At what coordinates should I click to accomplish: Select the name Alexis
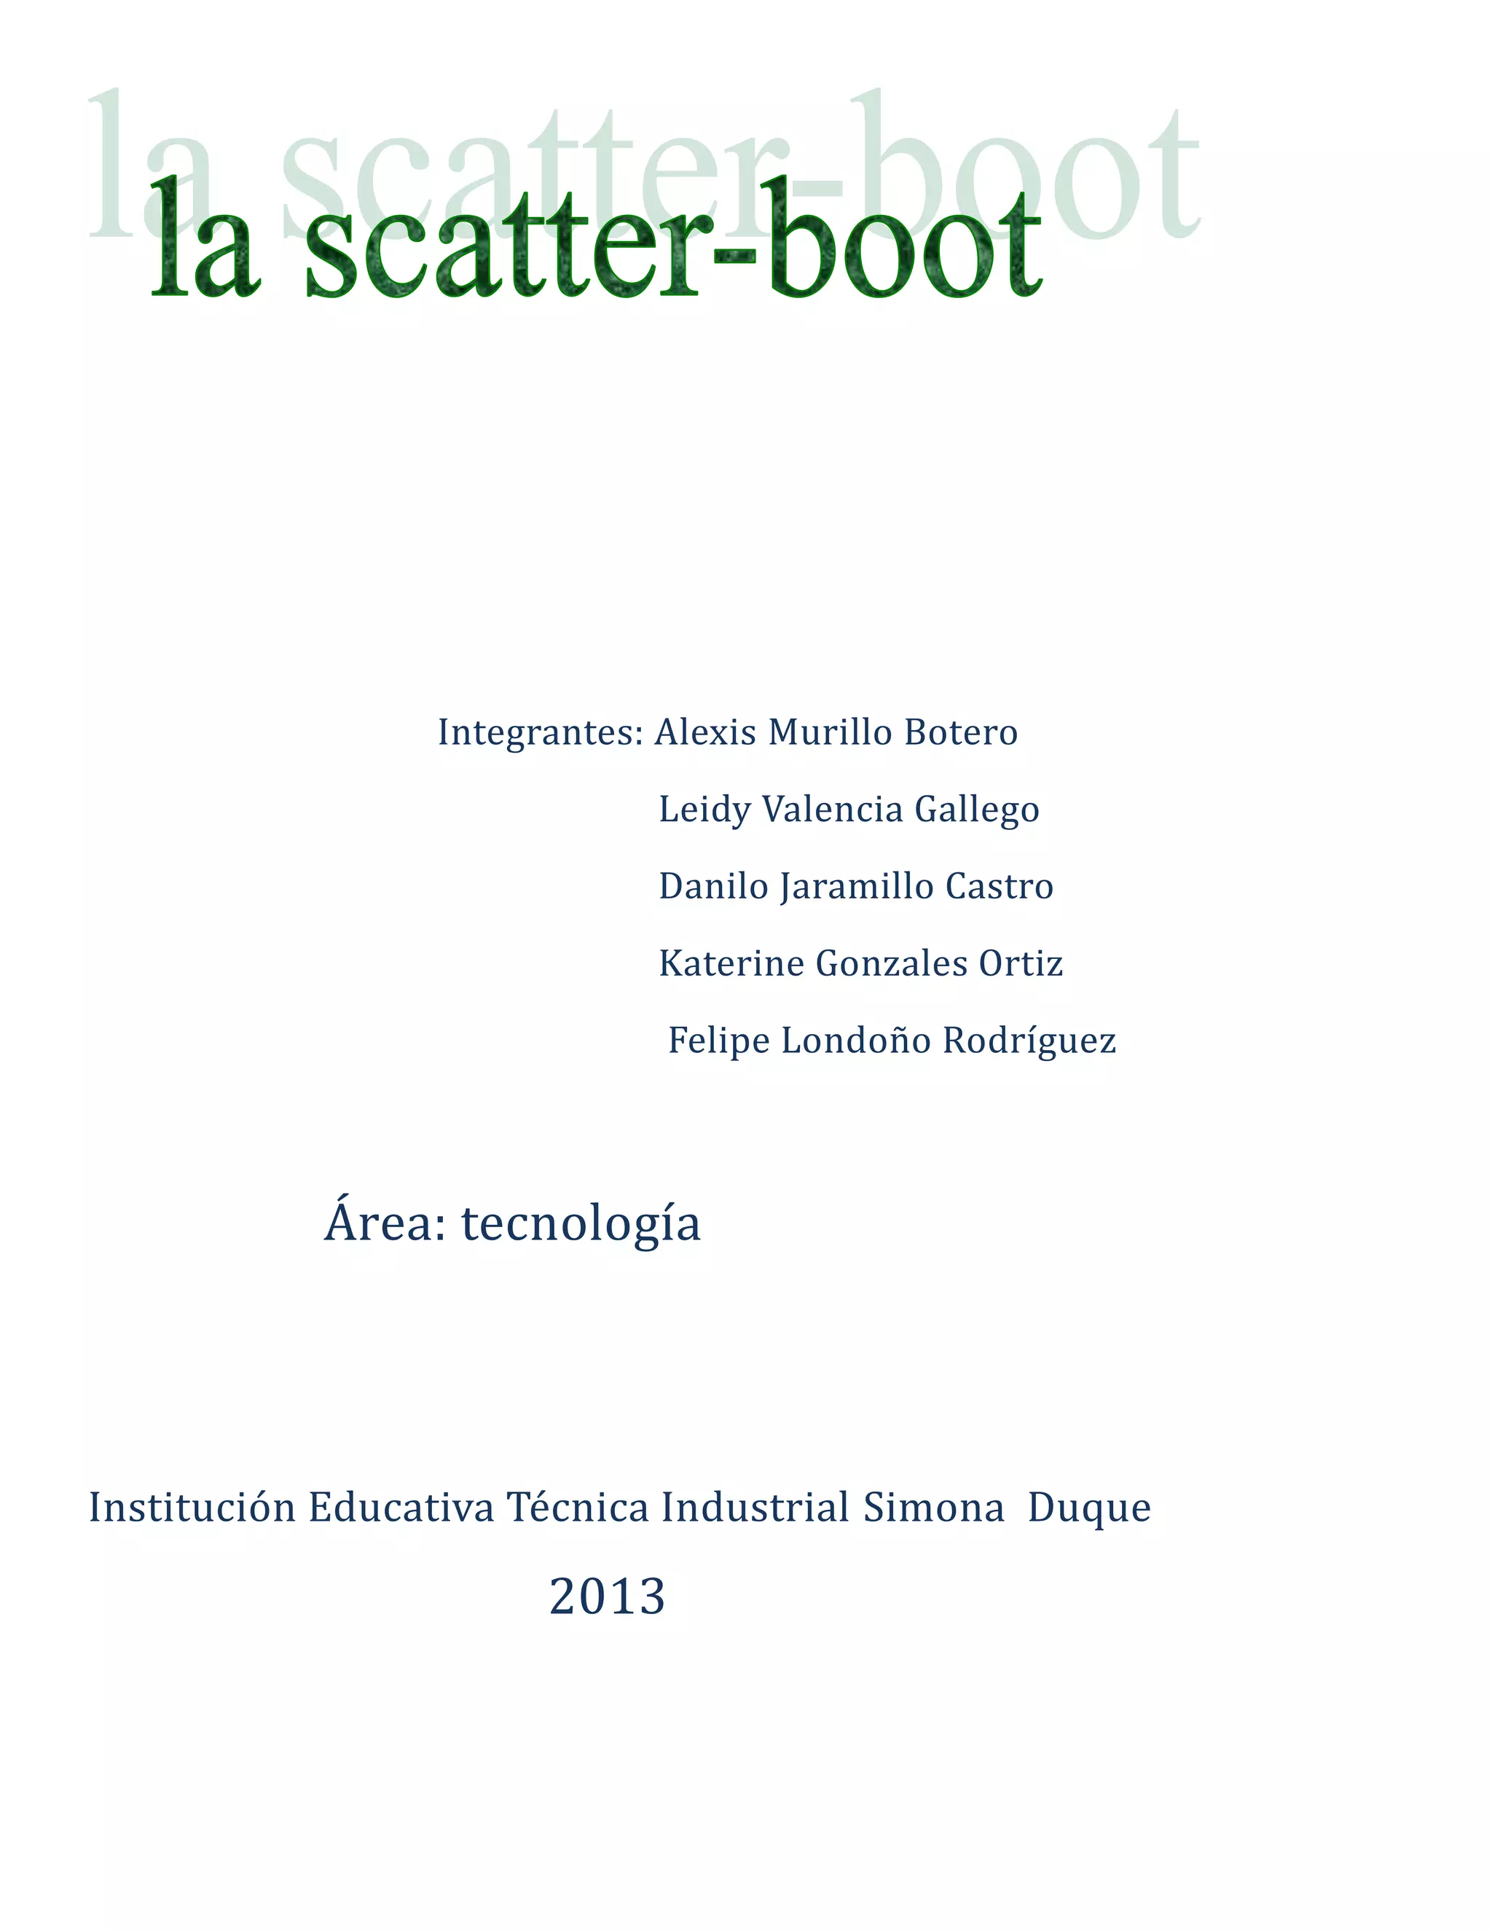[704, 732]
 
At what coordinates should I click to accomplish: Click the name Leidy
[704, 810]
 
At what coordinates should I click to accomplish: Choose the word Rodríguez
[1029, 1041]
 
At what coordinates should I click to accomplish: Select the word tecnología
[581, 1225]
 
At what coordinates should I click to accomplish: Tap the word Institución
[192, 1508]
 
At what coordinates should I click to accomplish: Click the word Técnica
[577, 1508]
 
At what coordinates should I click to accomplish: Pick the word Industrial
[755, 1508]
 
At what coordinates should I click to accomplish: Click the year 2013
[608, 1597]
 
